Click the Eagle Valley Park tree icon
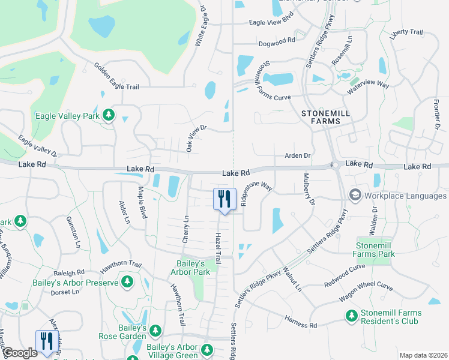[108, 115]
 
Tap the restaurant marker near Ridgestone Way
[224, 199]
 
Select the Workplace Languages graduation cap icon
[355, 196]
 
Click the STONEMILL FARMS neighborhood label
[321, 116]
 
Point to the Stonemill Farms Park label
[375, 250]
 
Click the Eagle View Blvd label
[271, 23]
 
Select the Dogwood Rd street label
[276, 41]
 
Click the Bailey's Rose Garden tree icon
[155, 330]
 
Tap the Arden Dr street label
[297, 156]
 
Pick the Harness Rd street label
[301, 325]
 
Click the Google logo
[20, 353]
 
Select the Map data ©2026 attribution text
[423, 355]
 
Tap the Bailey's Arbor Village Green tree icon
[207, 349]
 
